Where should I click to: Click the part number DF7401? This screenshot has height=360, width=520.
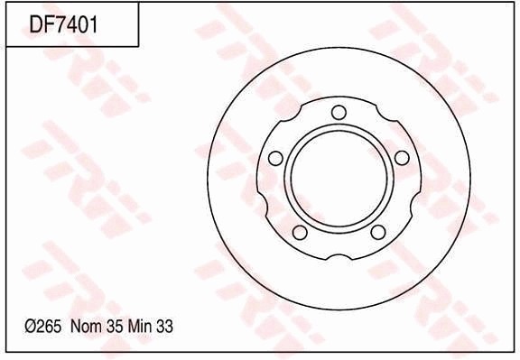[62, 23]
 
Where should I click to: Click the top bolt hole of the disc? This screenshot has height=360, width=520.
[339, 112]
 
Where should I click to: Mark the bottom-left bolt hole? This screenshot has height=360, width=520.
[301, 233]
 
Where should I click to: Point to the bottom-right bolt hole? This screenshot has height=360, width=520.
[377, 233]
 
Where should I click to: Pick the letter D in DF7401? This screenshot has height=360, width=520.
[37, 23]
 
